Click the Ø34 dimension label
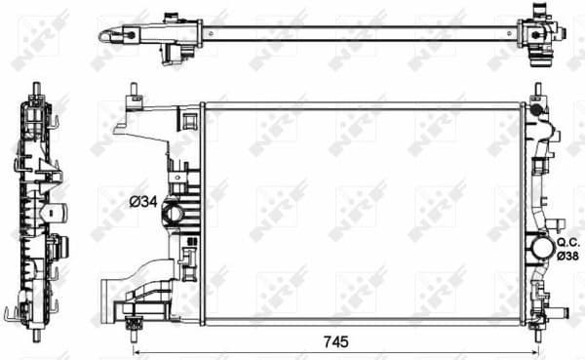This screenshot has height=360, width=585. pos(142,202)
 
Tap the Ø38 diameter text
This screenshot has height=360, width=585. pos(567,255)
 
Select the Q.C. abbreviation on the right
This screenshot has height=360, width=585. pos(567,241)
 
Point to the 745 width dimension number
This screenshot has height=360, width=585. pos(333,341)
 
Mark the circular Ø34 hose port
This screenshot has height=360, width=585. pos(174,213)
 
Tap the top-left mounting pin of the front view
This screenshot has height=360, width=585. pos(131,94)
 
